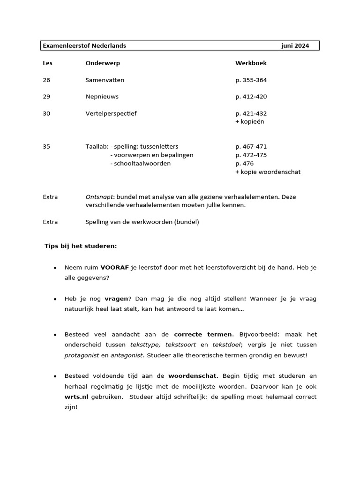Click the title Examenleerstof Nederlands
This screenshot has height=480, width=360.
84,46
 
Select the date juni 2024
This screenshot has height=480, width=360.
295,46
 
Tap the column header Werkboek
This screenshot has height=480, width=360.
251,63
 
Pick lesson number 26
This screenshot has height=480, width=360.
46,80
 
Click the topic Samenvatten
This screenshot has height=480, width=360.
105,80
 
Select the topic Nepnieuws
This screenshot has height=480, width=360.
102,97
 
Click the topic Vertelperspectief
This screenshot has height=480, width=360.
111,113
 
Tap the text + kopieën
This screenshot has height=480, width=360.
250,121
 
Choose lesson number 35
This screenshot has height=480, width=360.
46,147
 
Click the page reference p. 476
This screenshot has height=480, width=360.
244,164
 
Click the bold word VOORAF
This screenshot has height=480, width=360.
114,267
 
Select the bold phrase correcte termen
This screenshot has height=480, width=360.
203,334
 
